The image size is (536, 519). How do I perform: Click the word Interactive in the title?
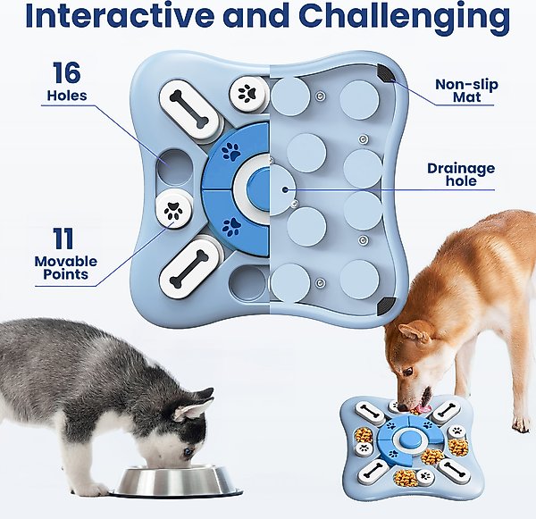[x=123, y=15]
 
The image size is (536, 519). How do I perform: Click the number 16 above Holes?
[x=67, y=72]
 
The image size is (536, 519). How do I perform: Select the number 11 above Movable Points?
[x=63, y=239]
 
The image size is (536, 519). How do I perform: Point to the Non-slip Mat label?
[x=466, y=90]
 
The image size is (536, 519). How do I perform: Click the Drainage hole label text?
[x=461, y=174]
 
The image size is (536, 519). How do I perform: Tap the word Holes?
[x=67, y=96]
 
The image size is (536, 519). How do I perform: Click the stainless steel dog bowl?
[x=177, y=481]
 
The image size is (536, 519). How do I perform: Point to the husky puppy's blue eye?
[x=188, y=452]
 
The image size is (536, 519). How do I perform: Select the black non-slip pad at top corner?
[x=386, y=74]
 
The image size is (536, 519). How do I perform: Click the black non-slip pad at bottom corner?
[x=386, y=306]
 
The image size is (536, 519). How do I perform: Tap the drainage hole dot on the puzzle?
[x=285, y=189]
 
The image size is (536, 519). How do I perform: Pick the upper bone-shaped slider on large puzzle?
[x=188, y=109]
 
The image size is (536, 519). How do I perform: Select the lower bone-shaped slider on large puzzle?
[x=189, y=269]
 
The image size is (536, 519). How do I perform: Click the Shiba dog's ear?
[x=414, y=334]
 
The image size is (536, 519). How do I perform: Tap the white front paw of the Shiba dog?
[x=522, y=423]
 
